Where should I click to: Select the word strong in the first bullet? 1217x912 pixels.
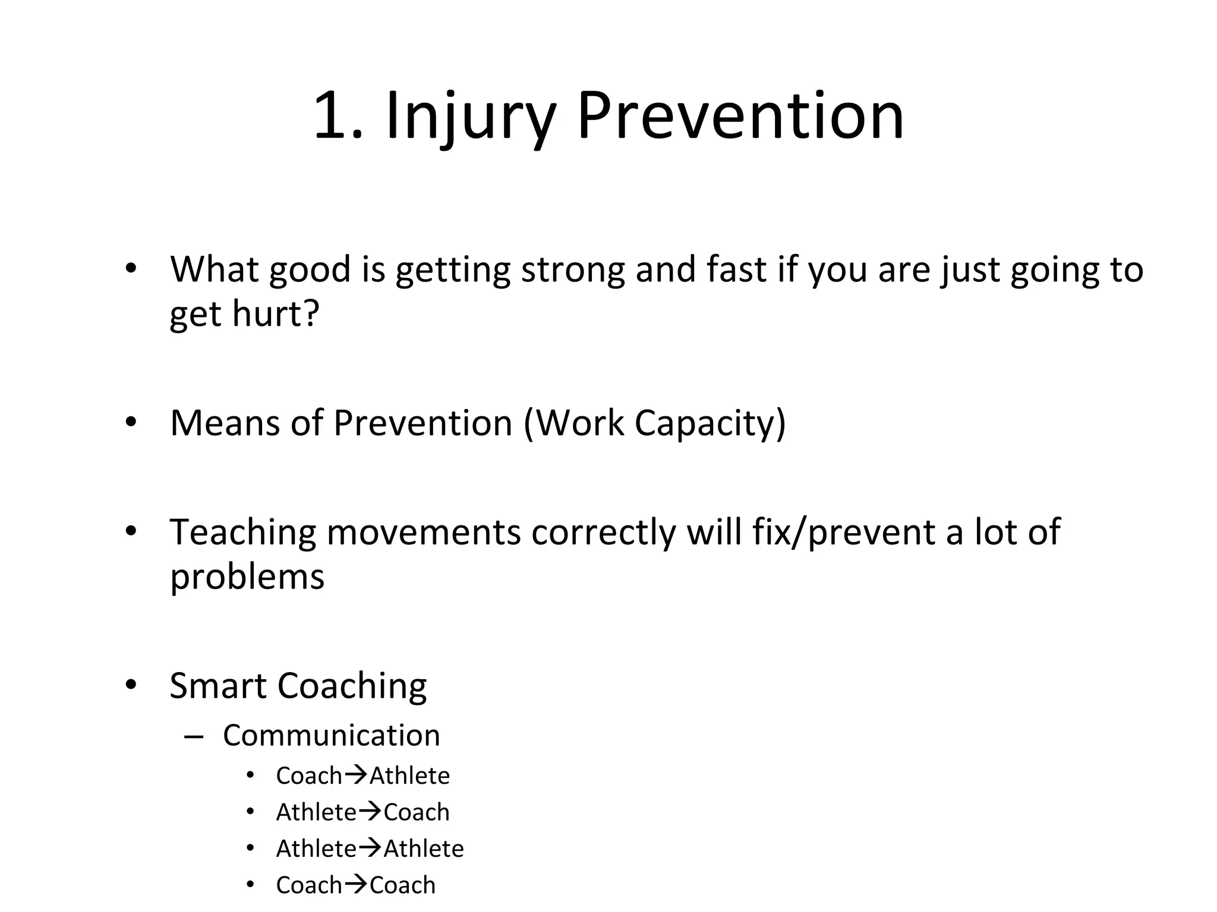tap(573, 270)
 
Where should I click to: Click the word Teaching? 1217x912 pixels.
tap(242, 532)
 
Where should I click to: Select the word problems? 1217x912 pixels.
tap(247, 577)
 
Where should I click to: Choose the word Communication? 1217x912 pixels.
tap(332, 736)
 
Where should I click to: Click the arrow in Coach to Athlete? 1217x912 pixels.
tap(356, 775)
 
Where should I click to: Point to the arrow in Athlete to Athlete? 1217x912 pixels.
tap(370, 848)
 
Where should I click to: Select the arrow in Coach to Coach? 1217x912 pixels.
tap(356, 884)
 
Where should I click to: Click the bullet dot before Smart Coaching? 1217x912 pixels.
tap(131, 685)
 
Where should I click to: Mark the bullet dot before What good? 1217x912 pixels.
tap(131, 268)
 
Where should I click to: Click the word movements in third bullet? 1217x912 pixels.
tap(424, 532)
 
